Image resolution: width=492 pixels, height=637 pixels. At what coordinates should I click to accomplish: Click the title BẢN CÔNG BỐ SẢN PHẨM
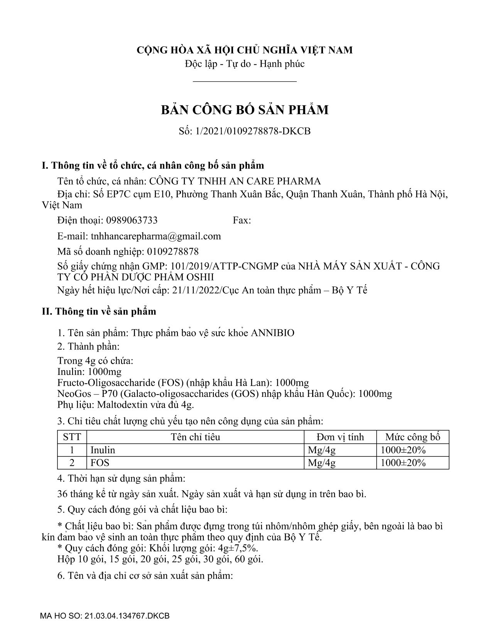[x=245, y=110]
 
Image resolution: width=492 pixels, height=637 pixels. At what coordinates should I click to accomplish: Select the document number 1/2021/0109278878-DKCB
[x=253, y=131]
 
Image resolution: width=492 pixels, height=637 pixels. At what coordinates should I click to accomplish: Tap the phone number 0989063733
[x=132, y=220]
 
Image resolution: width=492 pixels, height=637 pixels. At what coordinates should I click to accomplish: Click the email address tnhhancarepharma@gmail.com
[x=156, y=236]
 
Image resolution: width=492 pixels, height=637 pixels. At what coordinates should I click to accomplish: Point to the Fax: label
[x=242, y=220]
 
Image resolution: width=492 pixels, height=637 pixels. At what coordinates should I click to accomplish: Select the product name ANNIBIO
[x=272, y=333]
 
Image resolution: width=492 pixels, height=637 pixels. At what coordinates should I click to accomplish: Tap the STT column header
[x=72, y=437]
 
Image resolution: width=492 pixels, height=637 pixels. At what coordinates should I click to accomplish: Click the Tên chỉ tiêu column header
[x=195, y=437]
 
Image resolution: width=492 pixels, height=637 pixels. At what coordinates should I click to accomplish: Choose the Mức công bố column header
[x=413, y=437]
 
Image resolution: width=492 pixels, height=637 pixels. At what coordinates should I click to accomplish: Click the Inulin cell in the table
[x=103, y=450]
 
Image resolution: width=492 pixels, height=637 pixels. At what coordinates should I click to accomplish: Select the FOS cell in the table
[x=100, y=463]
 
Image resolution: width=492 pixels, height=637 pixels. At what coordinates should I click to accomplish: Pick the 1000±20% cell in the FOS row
[x=403, y=463]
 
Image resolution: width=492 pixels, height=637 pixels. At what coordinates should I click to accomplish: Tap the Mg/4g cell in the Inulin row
[x=321, y=450]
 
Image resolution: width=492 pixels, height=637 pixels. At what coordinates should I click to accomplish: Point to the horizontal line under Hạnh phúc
[x=245, y=81]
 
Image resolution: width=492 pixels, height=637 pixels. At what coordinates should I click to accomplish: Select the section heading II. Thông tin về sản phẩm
[x=99, y=312]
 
